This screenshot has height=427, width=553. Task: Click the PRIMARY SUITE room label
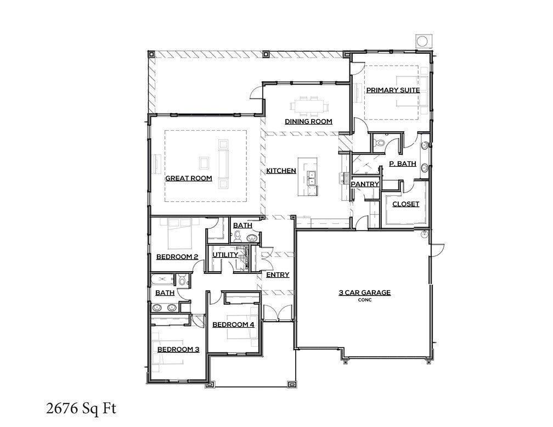coord(393,90)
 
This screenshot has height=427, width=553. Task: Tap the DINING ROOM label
coord(308,122)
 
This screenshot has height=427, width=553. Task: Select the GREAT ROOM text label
coord(188,178)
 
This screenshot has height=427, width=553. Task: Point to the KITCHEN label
coord(281,171)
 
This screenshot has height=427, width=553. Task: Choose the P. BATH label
coord(402,164)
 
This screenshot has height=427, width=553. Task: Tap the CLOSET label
coord(405,204)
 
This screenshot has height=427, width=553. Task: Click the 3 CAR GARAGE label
coord(364,293)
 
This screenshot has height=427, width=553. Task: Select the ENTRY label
coord(277,275)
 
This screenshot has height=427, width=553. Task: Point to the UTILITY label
coord(225,255)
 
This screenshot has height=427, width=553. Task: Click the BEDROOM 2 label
coord(177,257)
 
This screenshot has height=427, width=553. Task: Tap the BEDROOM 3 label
coord(178,350)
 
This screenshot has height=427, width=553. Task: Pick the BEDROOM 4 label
coord(233,325)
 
